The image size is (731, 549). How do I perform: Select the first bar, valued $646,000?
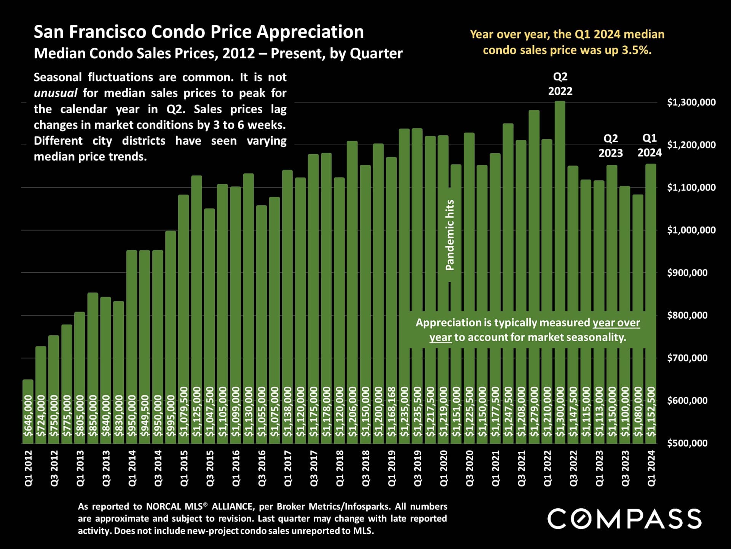click(28, 412)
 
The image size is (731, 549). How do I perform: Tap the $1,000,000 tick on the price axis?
click(691, 230)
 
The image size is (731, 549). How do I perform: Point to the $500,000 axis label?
click(687, 443)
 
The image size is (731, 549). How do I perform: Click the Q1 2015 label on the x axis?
click(184, 468)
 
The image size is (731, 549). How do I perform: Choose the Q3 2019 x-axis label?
click(418, 468)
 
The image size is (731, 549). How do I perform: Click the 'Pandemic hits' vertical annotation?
click(450, 235)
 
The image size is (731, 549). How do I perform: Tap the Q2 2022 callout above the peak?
click(560, 84)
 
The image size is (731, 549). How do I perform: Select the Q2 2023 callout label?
click(611, 146)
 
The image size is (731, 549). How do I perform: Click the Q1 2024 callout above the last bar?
click(650, 145)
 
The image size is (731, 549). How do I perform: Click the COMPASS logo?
click(624, 518)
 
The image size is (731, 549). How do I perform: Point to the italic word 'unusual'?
click(56, 93)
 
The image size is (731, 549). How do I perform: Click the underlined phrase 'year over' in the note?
click(616, 323)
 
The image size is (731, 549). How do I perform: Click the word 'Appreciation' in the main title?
click(310, 32)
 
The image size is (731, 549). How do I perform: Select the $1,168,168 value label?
click(391, 412)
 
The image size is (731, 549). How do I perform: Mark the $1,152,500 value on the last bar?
click(651, 412)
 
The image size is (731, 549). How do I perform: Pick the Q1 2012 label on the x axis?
click(28, 468)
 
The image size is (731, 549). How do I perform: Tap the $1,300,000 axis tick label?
click(691, 102)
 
